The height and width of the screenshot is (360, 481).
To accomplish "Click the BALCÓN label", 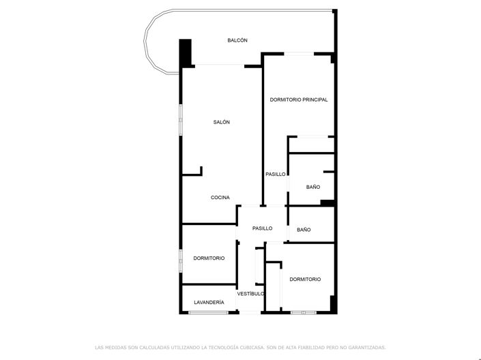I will [237, 41].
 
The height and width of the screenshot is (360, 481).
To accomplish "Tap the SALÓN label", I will [221, 122].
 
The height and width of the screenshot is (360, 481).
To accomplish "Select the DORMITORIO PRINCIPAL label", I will [298, 100].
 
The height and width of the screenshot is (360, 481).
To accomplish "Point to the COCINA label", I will [220, 198].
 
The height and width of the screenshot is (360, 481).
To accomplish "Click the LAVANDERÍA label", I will [209, 302].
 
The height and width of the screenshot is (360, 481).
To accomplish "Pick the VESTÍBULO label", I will [250, 294].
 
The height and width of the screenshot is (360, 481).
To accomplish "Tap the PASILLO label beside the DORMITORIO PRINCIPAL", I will [276, 175].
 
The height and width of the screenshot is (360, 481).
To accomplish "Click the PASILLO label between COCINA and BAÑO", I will [262, 228].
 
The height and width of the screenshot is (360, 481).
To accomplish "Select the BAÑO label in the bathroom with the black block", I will [313, 187].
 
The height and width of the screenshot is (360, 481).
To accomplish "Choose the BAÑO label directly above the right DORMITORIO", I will [304, 230].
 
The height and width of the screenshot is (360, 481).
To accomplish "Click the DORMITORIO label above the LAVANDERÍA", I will [209, 258].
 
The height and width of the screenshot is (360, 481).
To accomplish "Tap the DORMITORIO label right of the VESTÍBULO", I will [305, 280].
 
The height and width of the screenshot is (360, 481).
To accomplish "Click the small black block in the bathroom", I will [327, 202].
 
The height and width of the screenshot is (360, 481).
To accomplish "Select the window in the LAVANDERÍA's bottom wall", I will [208, 312].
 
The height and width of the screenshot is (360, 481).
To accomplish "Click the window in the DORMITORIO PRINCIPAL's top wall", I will [299, 54].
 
